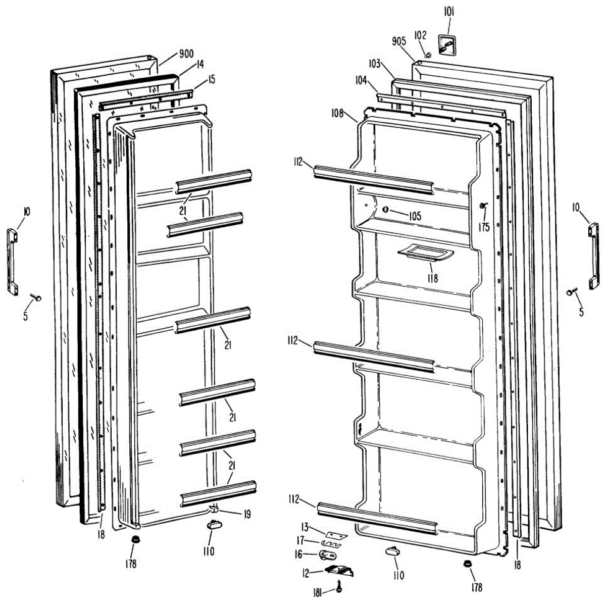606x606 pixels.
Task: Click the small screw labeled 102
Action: coord(428,55)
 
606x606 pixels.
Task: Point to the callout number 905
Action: coord(400,42)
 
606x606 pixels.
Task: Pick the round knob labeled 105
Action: coord(385,209)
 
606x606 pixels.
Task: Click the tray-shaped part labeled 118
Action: coord(426,254)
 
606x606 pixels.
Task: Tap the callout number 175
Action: coord(484,227)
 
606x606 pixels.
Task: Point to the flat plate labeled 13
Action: coord(336,534)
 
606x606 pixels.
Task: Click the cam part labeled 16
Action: coord(328,555)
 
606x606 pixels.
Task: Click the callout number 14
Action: coord(200,65)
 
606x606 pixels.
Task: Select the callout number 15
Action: coord(211,79)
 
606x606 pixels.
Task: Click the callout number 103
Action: coord(374,64)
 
